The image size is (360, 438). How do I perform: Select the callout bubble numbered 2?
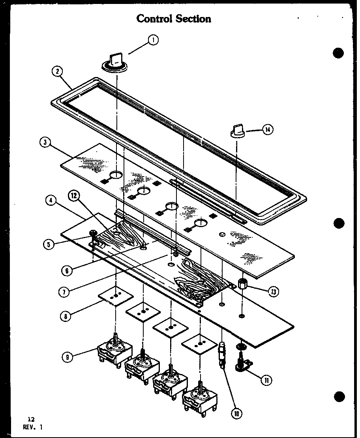[x=58, y=71]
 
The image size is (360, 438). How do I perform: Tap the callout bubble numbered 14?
[x=268, y=130]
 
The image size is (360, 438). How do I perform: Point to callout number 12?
[x=73, y=195]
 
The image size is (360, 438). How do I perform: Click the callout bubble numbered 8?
[x=67, y=315]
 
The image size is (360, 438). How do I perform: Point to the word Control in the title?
[x=155, y=19]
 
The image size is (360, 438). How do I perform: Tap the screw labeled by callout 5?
[x=94, y=235]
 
